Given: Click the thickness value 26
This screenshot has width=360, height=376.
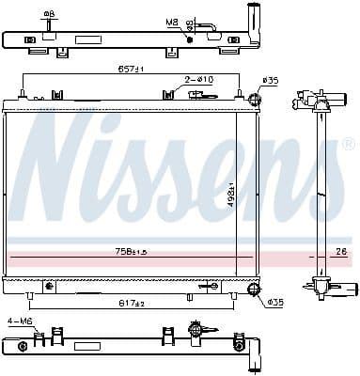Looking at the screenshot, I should click(341, 252).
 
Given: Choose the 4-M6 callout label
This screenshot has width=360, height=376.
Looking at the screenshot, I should click(19, 322).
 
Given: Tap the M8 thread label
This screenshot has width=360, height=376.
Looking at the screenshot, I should click(172, 20).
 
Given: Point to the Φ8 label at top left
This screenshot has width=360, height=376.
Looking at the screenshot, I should click(48, 13).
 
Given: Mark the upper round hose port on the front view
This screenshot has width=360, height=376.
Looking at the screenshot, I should click(254, 100).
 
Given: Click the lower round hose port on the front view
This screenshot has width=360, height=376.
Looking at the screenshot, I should click(252, 287).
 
